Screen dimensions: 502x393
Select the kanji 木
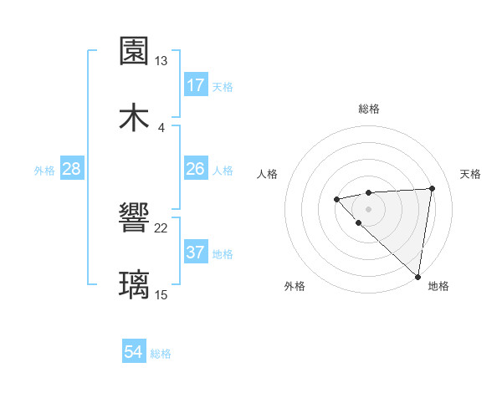[135, 117]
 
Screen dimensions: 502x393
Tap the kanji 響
[135, 219]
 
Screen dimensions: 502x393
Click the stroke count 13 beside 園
[161, 61]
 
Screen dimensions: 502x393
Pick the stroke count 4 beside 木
[161, 127]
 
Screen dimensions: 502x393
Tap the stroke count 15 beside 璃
[161, 294]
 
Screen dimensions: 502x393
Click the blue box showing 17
[196, 85]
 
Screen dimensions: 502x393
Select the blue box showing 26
[196, 170]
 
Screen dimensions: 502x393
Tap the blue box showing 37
[196, 253]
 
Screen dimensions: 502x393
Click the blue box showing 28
[72, 170]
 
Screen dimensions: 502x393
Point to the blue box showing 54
[134, 353]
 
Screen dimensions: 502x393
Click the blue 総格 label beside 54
[161, 354]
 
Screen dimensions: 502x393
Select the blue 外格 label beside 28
[44, 171]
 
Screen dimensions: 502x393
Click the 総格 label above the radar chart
[368, 109]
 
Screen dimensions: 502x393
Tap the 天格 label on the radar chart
[471, 174]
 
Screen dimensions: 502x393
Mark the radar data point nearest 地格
[417, 276]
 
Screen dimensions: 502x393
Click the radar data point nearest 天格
[432, 188]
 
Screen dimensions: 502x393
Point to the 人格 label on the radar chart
[267, 174]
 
